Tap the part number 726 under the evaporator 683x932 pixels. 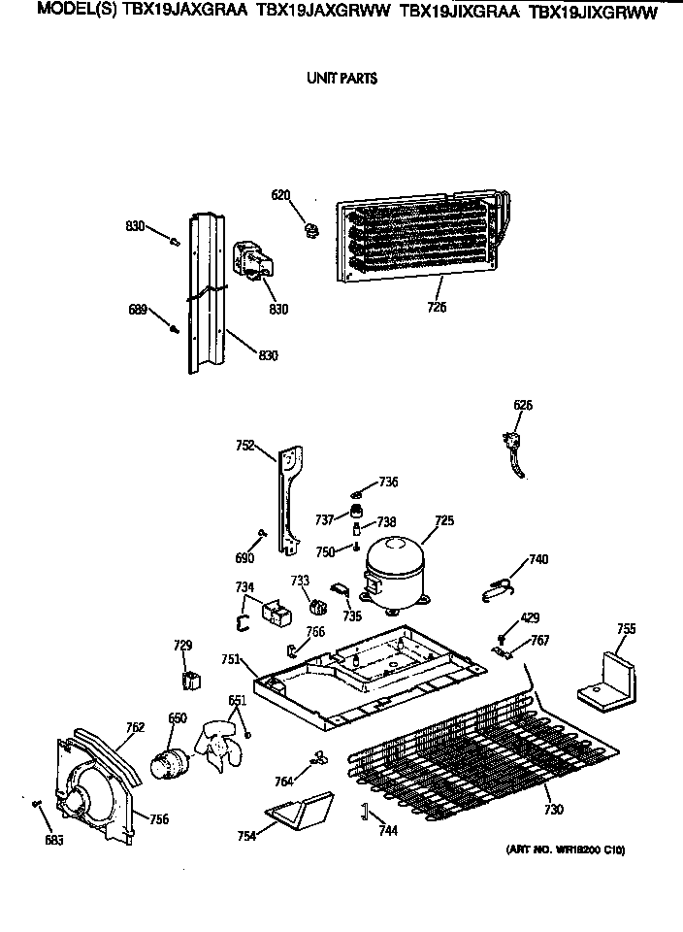click(437, 308)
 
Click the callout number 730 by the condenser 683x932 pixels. click(552, 810)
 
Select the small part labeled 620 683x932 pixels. click(310, 231)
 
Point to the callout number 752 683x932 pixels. click(245, 446)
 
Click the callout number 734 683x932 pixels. click(244, 586)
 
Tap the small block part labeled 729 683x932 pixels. click(191, 679)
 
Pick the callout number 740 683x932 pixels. click(537, 559)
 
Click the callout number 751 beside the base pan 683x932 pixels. click(230, 659)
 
